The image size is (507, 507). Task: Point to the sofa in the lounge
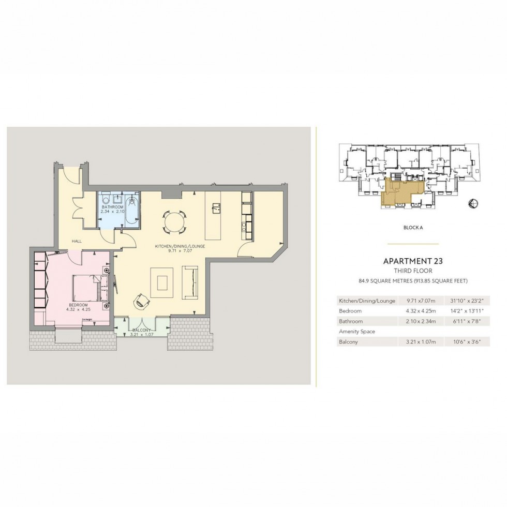(190, 283)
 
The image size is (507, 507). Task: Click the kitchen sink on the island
(216, 207)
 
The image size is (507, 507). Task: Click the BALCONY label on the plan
(141, 330)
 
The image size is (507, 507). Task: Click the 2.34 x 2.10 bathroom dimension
(112, 211)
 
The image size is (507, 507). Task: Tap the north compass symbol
(472, 204)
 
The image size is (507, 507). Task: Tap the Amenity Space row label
(356, 331)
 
